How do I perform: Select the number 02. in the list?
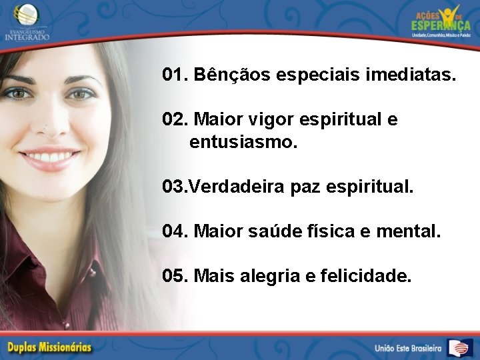point(175,120)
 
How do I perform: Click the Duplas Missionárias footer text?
point(49,347)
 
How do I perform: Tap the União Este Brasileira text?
point(407,348)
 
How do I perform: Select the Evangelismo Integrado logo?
point(27,21)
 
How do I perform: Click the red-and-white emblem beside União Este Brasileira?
point(460,347)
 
